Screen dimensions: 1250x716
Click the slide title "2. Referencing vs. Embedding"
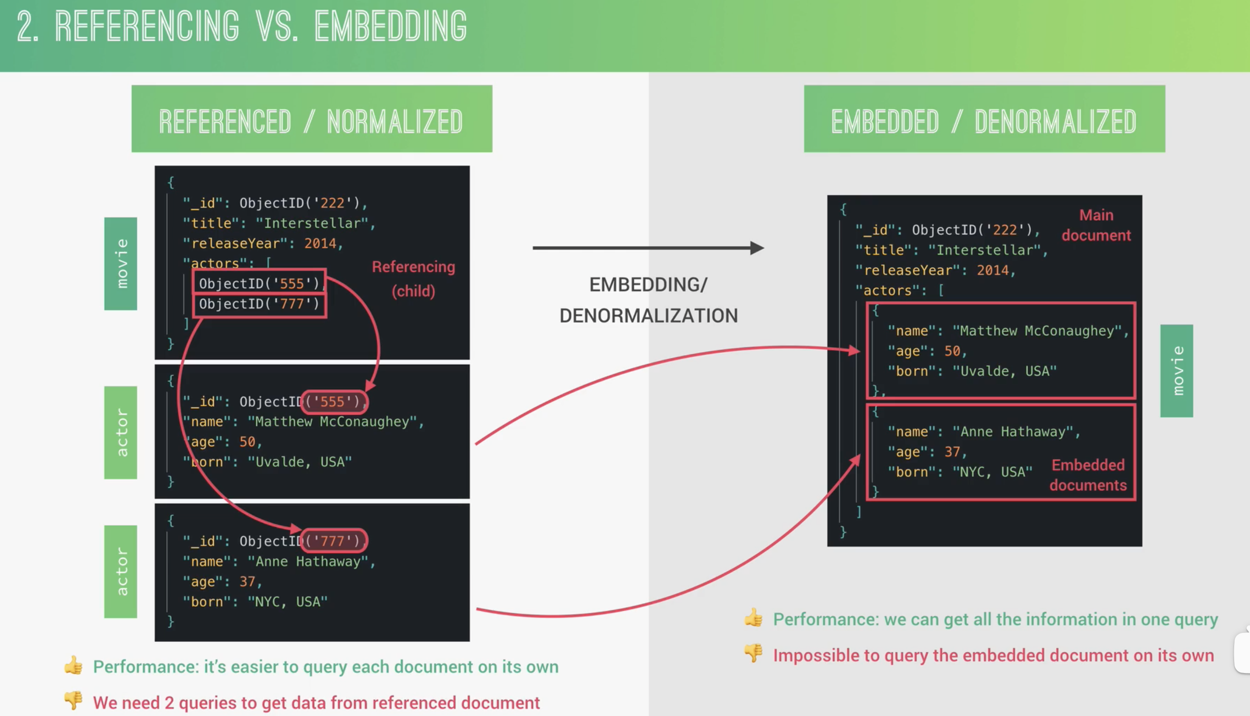(x=241, y=27)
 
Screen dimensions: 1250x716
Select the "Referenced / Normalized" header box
(x=312, y=119)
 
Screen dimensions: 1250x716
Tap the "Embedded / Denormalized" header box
(x=984, y=119)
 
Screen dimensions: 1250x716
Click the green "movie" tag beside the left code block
(x=120, y=264)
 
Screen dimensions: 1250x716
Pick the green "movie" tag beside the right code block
(x=1177, y=371)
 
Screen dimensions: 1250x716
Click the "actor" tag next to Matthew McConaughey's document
(x=120, y=432)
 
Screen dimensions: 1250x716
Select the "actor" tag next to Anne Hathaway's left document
(x=120, y=571)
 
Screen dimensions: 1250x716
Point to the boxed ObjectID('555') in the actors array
(x=259, y=283)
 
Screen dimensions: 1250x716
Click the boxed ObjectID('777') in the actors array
(x=259, y=304)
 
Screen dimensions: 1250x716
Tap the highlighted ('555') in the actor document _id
(x=334, y=402)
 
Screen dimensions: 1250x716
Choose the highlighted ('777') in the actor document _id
(x=334, y=541)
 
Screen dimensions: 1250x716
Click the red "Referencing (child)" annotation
(x=414, y=279)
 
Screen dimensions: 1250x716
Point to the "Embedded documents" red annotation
(x=1088, y=475)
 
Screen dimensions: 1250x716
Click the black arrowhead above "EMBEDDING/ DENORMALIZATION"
(x=757, y=248)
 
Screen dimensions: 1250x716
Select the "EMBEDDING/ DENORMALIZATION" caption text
(x=649, y=300)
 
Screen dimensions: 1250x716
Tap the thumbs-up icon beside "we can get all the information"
(x=753, y=617)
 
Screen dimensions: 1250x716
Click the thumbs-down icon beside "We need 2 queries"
(x=73, y=700)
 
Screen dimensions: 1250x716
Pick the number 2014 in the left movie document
(x=320, y=244)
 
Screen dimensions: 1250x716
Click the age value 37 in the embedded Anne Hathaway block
(x=952, y=451)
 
